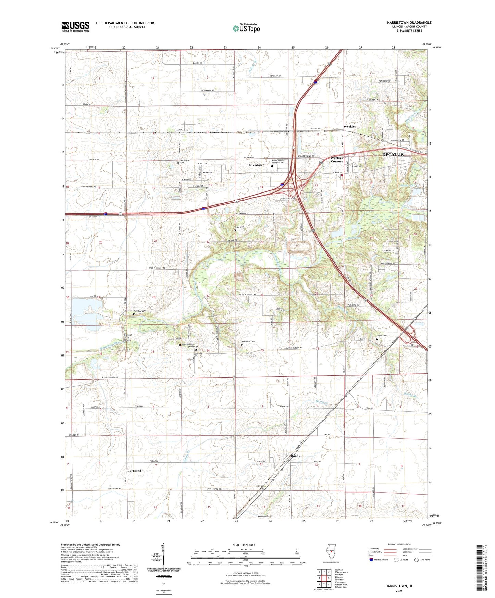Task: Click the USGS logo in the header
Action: (75, 26)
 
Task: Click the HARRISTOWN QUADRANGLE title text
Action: (409, 23)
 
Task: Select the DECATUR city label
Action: (393, 154)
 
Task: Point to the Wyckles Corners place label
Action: (337, 160)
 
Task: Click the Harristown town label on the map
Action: (256, 165)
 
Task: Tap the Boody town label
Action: (295, 456)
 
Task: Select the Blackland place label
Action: (134, 471)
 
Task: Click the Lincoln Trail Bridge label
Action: (127, 337)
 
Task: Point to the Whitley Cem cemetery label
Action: (140, 311)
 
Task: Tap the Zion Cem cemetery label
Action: (260, 486)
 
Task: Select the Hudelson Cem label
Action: (248, 342)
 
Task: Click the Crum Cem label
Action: (239, 227)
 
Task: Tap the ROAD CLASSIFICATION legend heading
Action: (399, 544)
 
